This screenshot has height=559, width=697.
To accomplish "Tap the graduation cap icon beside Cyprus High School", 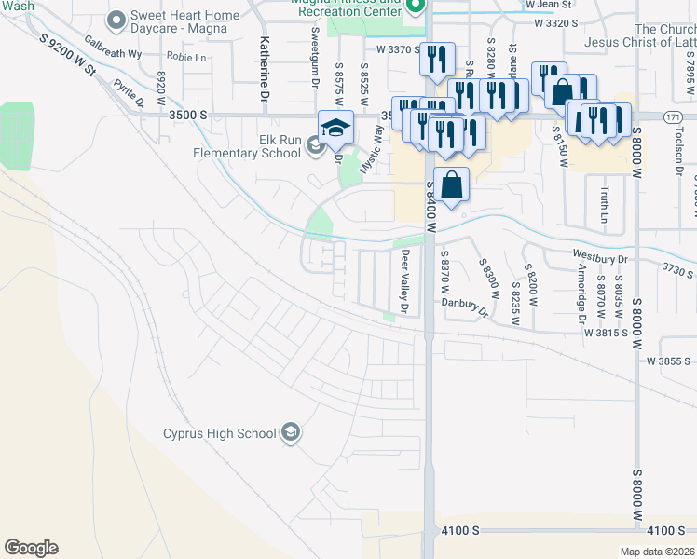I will pyautogui.click(x=291, y=432).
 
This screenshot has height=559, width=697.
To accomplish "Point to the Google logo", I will pyautogui.click(x=31, y=548).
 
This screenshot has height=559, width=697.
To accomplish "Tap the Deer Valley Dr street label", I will pyautogui.click(x=405, y=280).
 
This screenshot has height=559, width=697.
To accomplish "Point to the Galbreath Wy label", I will pyautogui.click(x=112, y=48).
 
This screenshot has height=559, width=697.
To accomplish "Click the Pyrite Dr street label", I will pyautogui.click(x=129, y=92).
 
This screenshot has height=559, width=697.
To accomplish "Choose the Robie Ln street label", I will pyautogui.click(x=186, y=57).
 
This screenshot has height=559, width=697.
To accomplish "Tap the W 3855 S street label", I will pyautogui.click(x=670, y=361).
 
